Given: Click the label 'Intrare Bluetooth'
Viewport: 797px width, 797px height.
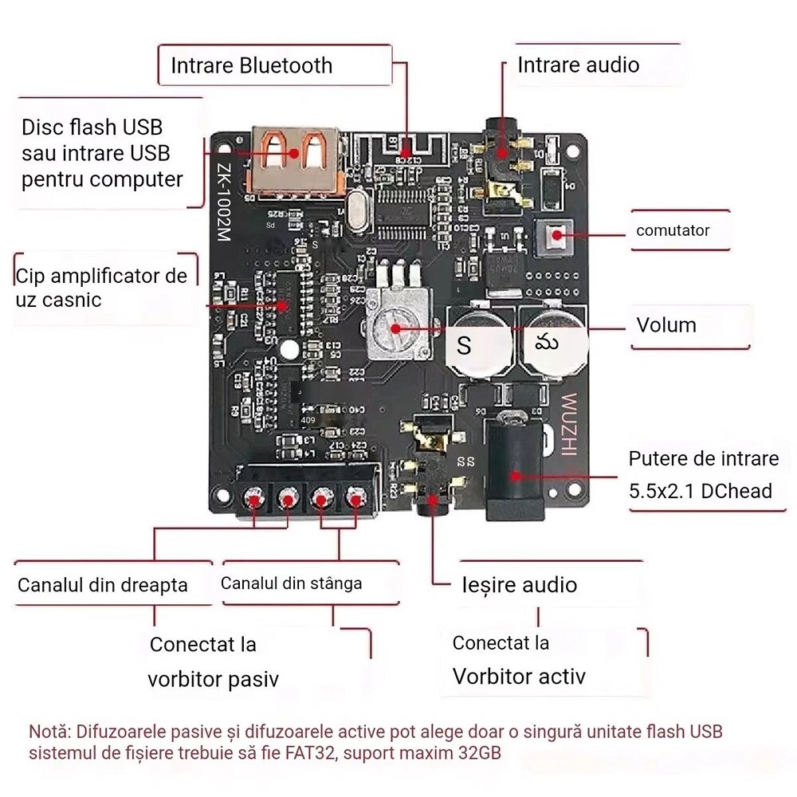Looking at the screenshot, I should [x=251, y=65].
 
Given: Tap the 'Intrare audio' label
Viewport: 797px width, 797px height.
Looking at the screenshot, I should [x=578, y=65].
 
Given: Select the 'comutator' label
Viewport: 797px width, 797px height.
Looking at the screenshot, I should [x=672, y=231].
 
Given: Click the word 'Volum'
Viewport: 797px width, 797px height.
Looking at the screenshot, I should [x=665, y=325].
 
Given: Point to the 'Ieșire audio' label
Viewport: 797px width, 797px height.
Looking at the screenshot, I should [x=520, y=585].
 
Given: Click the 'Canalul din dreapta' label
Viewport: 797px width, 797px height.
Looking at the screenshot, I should [x=103, y=585].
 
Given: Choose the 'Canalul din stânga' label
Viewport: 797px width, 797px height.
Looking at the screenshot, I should [x=291, y=583].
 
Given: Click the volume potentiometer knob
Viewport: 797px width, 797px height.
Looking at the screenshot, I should [x=396, y=327].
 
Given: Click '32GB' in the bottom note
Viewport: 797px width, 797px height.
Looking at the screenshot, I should [x=476, y=753].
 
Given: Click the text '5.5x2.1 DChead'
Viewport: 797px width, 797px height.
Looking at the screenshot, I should [x=701, y=491].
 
